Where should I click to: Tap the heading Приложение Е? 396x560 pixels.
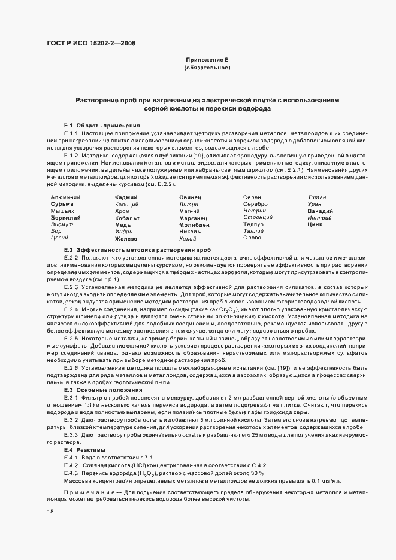point(207,60)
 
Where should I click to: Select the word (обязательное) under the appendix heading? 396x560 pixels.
point(207,68)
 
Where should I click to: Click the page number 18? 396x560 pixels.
point(50,512)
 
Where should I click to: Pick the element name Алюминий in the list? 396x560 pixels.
point(66,197)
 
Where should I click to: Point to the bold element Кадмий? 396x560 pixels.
point(126,197)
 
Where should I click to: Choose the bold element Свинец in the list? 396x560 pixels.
point(190,197)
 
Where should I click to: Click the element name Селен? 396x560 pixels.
point(253,197)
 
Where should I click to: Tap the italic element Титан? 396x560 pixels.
point(316,197)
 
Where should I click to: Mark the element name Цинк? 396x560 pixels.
point(315,224)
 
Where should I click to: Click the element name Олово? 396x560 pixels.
point(253,238)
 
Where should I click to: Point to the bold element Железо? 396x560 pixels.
point(128,238)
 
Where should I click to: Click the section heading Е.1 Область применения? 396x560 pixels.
point(98,124)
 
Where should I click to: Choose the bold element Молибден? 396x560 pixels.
point(194,224)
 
